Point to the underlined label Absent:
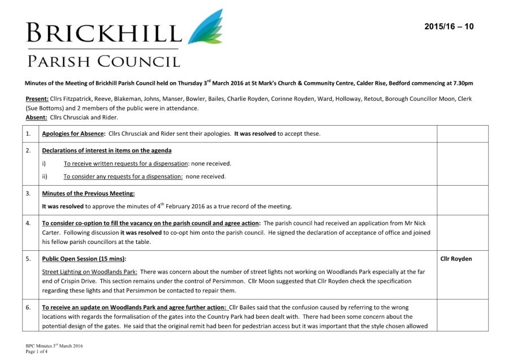[x=36, y=118]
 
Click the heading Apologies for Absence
[x=74, y=134]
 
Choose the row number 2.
[x=29, y=151]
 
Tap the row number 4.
[x=29, y=223]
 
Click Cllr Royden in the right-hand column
[x=456, y=259]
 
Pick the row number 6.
[x=29, y=307]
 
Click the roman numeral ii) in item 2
[x=45, y=176]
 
